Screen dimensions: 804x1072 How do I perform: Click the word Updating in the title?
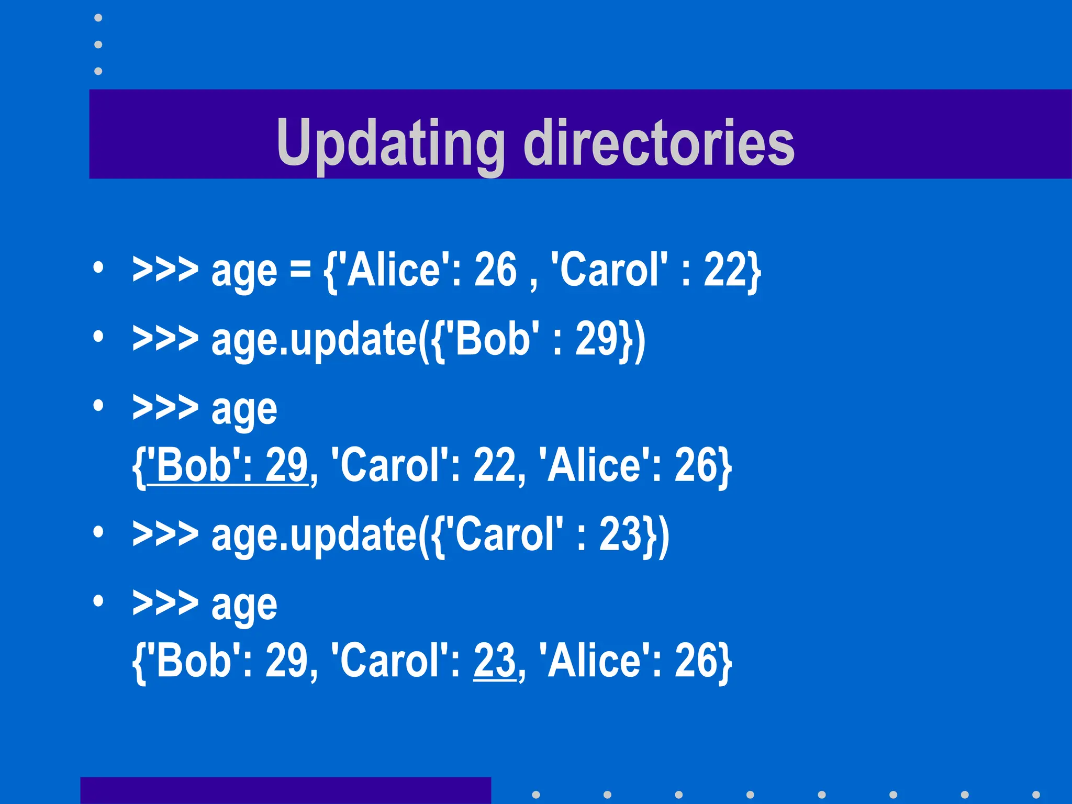coord(390,142)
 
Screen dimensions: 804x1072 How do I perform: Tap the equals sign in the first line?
coord(300,271)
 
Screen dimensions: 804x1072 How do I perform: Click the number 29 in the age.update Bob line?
coord(597,339)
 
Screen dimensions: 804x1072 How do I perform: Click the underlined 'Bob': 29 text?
coord(228,465)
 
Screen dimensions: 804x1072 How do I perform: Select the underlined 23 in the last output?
coord(494,661)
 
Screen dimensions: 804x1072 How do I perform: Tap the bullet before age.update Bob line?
coord(98,337)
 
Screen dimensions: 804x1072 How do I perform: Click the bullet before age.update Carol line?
coord(98,532)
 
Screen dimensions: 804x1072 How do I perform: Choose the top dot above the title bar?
coord(98,18)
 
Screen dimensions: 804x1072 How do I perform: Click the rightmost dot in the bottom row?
coord(1036,795)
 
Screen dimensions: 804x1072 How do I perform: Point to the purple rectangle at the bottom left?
coord(285,790)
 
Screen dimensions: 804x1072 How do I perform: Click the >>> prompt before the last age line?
coord(165,604)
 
